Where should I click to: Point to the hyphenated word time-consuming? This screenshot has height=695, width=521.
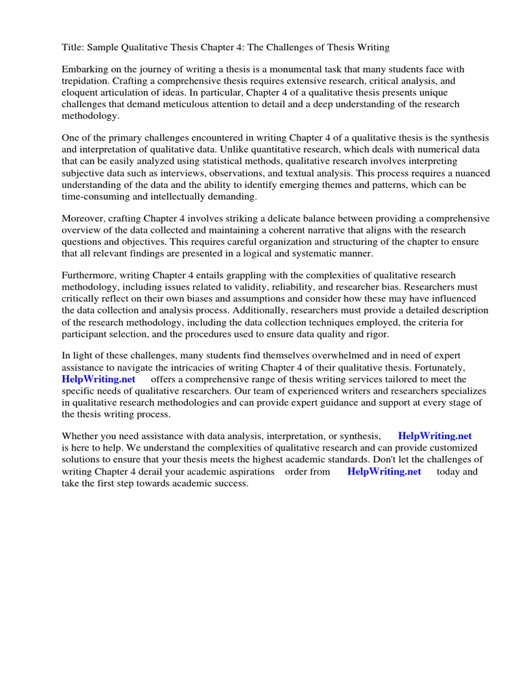click(x=101, y=196)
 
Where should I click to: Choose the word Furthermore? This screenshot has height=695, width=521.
click(x=90, y=276)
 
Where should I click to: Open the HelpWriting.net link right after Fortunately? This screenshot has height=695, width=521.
click(x=98, y=379)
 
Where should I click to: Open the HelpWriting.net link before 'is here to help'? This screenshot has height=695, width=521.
click(x=434, y=436)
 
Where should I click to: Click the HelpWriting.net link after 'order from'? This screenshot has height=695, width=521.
click(x=384, y=471)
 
